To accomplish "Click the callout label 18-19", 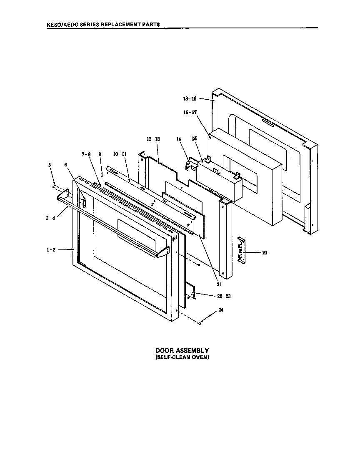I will [190, 99].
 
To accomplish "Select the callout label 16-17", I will [190, 113].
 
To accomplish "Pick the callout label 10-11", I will [120, 154].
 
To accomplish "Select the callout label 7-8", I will [86, 154].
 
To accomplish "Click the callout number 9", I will [100, 154].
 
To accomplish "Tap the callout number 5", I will [50, 165].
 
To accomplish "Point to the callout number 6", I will [65, 165].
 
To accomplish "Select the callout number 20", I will [264, 252].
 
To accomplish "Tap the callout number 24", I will [220, 310].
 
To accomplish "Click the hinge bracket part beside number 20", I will [242, 250].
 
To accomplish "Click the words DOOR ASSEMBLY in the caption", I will [182, 351].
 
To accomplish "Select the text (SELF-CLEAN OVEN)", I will [182, 357].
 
